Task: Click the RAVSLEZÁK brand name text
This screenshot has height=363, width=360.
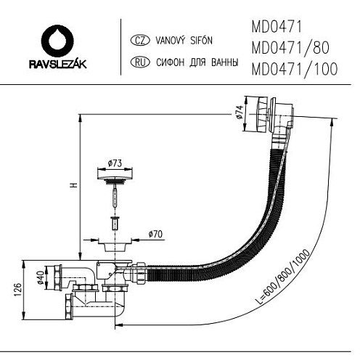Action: (x=57, y=64)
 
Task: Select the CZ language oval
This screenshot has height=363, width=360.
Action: (x=140, y=41)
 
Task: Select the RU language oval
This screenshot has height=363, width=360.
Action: (x=140, y=62)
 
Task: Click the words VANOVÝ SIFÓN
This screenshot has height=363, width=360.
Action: (x=184, y=40)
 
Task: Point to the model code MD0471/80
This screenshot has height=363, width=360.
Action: (x=290, y=48)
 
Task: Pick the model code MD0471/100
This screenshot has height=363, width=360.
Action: (x=295, y=69)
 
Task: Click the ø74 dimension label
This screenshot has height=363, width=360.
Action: (x=240, y=112)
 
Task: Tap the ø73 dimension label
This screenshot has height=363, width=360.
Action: (x=115, y=163)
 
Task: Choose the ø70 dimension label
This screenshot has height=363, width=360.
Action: (x=155, y=234)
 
